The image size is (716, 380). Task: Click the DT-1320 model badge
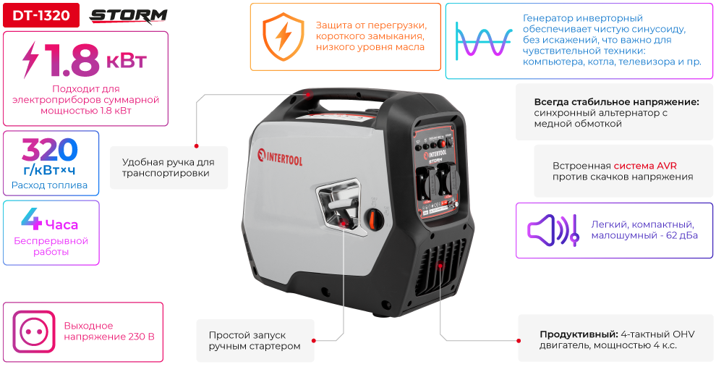41,15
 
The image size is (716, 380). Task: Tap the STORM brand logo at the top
128,17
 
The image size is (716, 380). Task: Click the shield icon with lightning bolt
283,36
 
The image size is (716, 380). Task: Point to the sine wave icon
483,41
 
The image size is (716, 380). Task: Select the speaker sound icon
553,230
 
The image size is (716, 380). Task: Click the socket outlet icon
34,332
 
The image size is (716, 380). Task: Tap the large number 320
50,150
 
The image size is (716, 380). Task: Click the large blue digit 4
31,219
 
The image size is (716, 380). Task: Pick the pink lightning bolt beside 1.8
31,60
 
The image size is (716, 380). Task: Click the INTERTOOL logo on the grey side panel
280,156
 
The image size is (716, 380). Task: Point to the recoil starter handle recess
338,205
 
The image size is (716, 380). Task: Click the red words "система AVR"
645,166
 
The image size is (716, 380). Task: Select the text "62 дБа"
682,236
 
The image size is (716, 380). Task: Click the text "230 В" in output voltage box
141,337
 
